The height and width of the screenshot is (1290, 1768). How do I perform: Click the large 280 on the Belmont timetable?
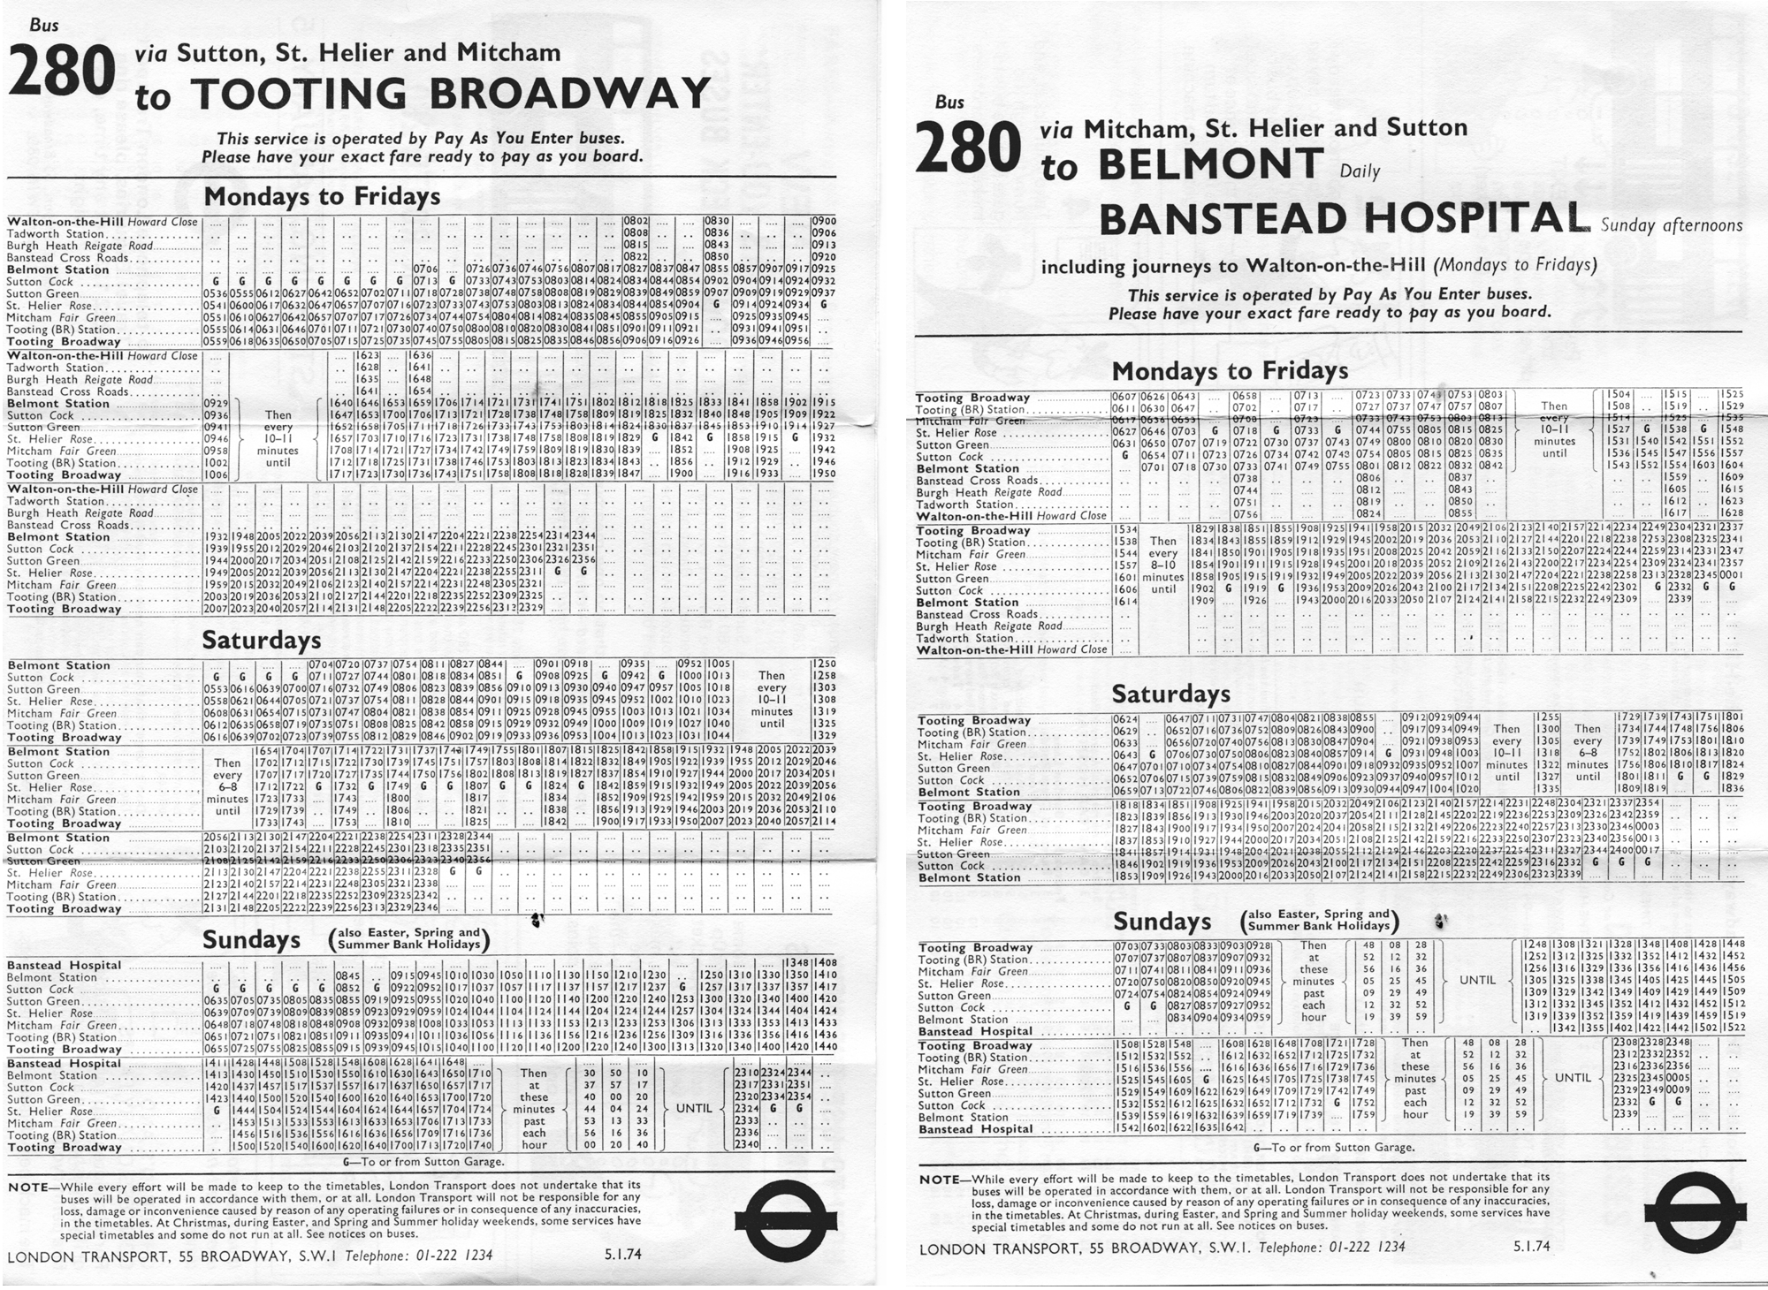pos(969,148)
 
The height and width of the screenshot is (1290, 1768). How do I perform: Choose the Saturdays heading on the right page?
pos(1170,694)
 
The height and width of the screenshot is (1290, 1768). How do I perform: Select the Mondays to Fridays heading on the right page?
pos(1230,370)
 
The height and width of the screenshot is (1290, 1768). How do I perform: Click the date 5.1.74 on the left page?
pos(623,1255)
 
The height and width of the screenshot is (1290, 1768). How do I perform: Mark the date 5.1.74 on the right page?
pos(1532,1247)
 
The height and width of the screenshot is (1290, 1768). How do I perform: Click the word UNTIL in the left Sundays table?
pos(694,1108)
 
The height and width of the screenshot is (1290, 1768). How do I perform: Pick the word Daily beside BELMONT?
pos(1360,171)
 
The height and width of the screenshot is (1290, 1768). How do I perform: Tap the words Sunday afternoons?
pos(1672,225)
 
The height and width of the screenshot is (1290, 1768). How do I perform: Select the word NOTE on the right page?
pos(939,1180)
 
